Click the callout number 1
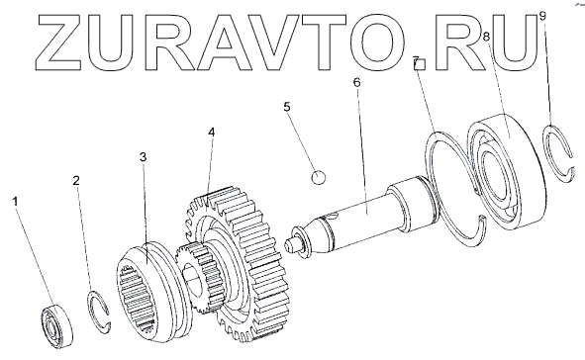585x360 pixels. [15, 202]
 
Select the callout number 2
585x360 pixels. [76, 181]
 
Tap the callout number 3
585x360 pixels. [144, 157]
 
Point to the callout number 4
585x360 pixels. [212, 132]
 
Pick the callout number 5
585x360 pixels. [286, 107]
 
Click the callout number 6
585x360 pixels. [357, 82]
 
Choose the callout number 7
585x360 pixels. [416, 61]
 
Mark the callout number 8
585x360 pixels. [486, 37]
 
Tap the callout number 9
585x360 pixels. [542, 16]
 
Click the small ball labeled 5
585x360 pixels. [319, 177]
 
